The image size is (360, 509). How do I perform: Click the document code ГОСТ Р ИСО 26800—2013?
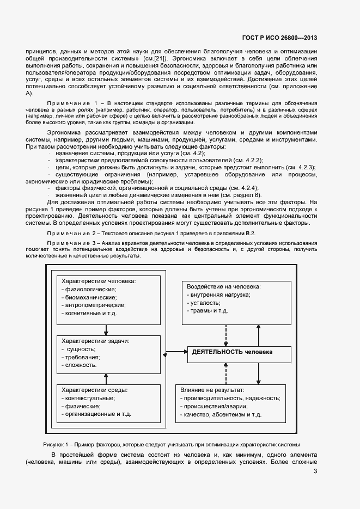pos(279,38)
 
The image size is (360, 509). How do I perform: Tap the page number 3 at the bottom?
pos(316,471)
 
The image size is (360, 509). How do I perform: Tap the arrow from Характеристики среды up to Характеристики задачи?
pos(107,378)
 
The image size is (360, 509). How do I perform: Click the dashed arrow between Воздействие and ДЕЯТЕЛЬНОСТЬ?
pos(225,334)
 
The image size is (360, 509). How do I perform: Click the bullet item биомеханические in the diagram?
pos(90,297)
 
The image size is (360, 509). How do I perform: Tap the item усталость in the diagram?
pos(204,302)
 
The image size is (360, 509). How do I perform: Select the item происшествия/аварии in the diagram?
pos(213,407)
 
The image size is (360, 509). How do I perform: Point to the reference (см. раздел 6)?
pos(238,195)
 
